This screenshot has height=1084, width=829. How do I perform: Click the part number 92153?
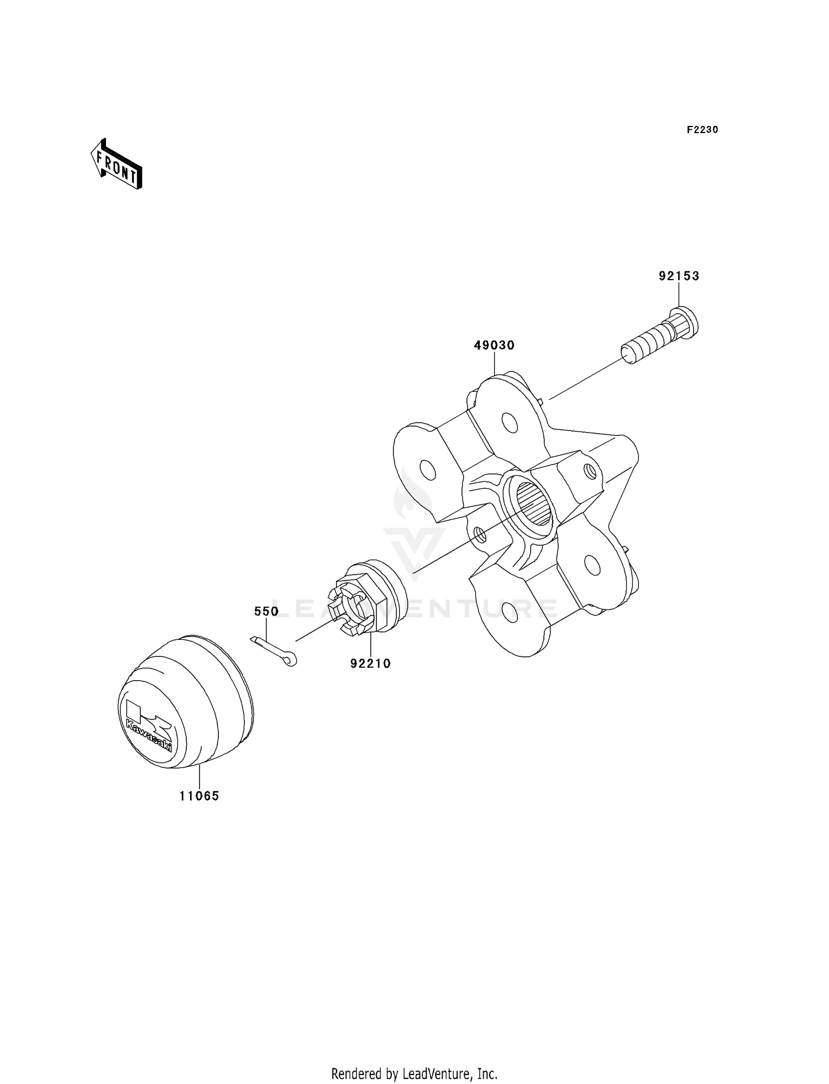pos(679,276)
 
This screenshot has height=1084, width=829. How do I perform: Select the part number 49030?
pos(494,346)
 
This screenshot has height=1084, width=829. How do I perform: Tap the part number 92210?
pos(370,664)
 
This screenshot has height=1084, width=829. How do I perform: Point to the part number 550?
pos(266,612)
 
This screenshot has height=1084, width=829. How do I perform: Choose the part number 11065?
pos(199,796)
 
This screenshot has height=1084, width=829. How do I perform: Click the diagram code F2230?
pos(702,130)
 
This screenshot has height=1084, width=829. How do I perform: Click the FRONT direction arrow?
pos(117,164)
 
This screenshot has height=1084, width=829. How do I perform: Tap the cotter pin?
pos(274,650)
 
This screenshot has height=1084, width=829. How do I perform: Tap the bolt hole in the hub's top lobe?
pos(511,424)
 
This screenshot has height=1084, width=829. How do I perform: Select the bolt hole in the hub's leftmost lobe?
pos(427,470)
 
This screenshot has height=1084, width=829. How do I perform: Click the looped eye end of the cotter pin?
pos(291,659)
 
